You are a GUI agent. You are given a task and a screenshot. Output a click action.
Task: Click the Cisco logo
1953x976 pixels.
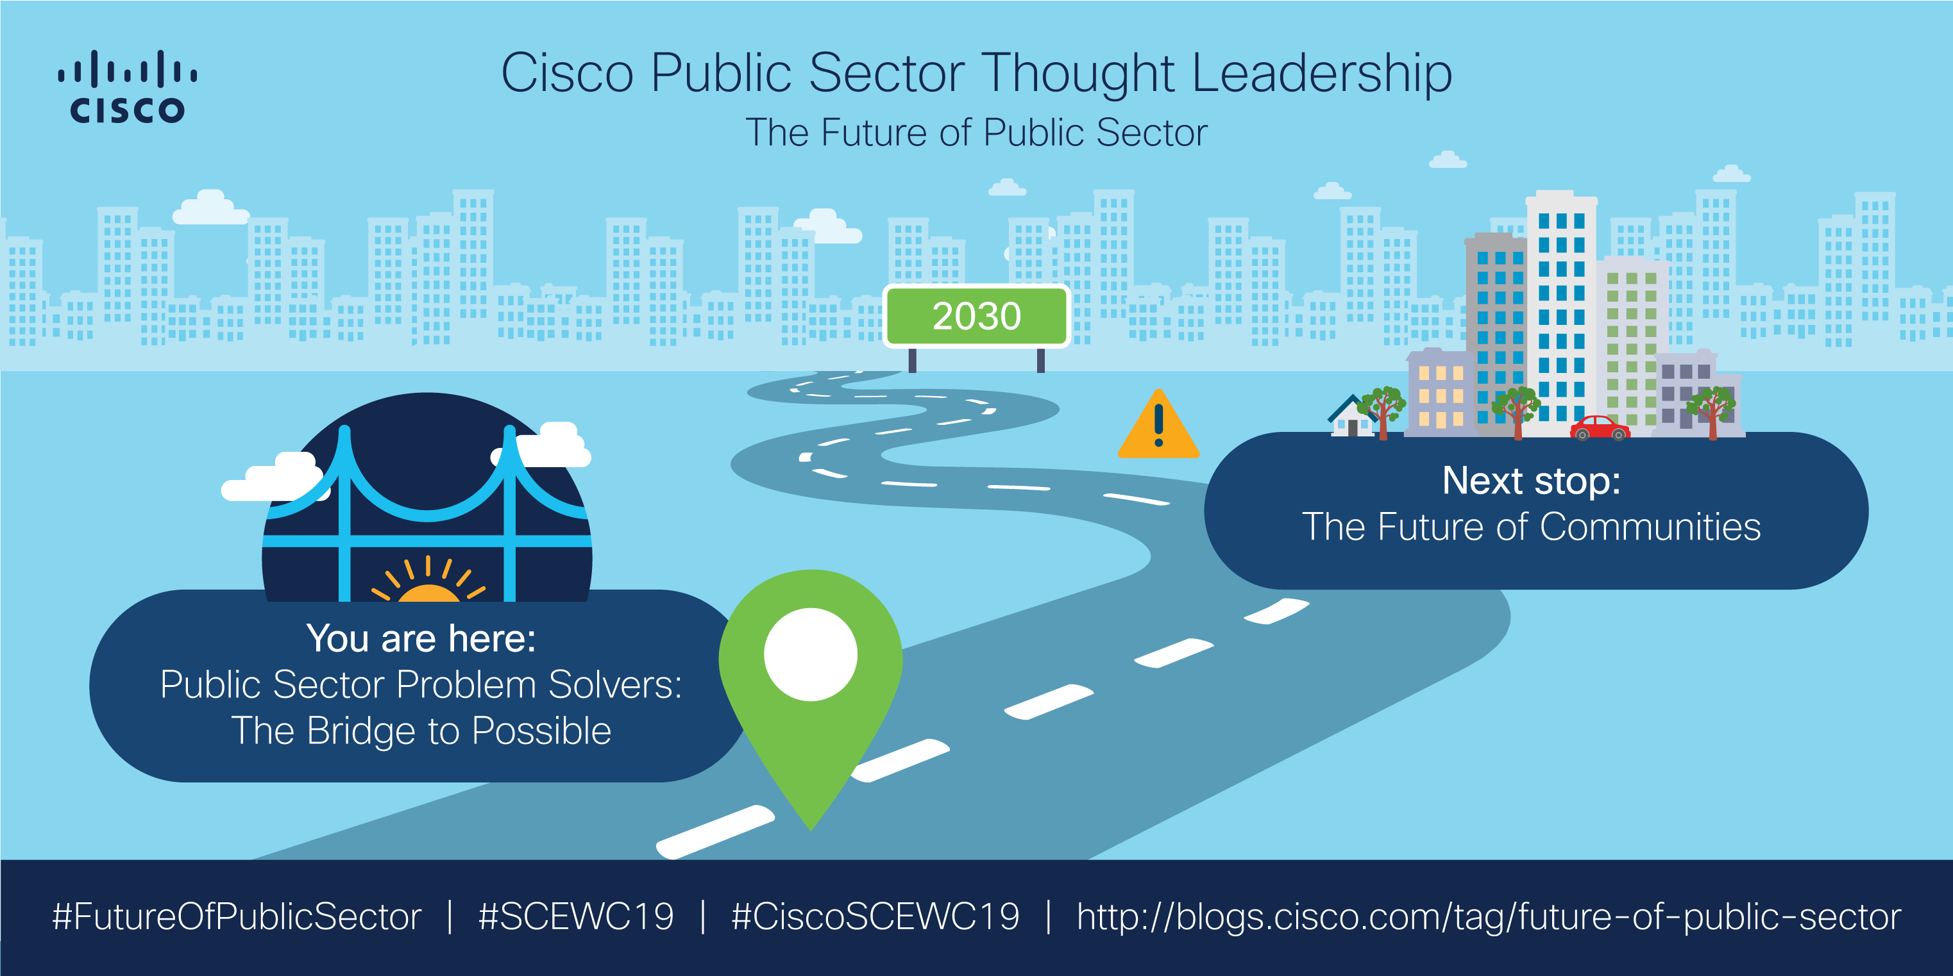tap(128, 87)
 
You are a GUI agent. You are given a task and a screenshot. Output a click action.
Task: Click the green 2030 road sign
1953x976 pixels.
tap(976, 316)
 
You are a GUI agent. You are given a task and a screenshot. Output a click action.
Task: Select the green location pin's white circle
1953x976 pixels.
tap(811, 654)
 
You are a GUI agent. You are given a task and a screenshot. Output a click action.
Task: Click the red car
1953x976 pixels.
tap(1600, 428)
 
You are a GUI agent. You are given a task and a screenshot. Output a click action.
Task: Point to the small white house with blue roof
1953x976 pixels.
tap(1352, 418)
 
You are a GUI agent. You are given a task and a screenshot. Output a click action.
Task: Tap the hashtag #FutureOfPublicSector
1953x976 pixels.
tap(237, 917)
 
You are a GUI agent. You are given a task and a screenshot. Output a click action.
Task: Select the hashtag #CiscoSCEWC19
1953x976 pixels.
tap(875, 917)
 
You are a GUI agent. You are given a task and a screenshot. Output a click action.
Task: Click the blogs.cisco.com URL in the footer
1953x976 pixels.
tap(1488, 917)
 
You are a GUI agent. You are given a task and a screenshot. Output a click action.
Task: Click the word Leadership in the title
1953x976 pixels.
tap(1321, 74)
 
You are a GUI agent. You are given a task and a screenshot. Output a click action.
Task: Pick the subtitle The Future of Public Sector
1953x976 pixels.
tap(976, 133)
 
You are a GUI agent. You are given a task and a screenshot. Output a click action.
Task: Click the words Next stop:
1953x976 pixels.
tap(1531, 481)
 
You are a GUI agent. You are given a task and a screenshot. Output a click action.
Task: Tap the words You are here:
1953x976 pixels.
tap(421, 638)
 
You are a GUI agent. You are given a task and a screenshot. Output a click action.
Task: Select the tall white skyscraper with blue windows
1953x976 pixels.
tap(1561, 311)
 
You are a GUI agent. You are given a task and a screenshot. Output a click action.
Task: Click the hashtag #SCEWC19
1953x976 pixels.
tap(576, 917)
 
